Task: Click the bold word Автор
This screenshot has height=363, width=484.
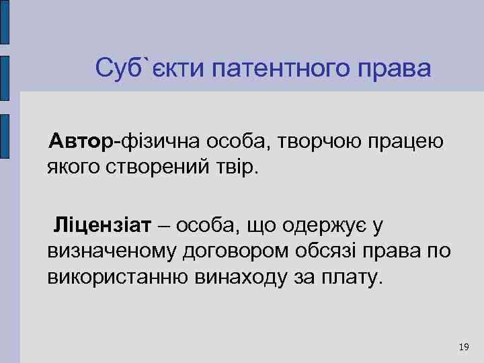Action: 83,142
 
